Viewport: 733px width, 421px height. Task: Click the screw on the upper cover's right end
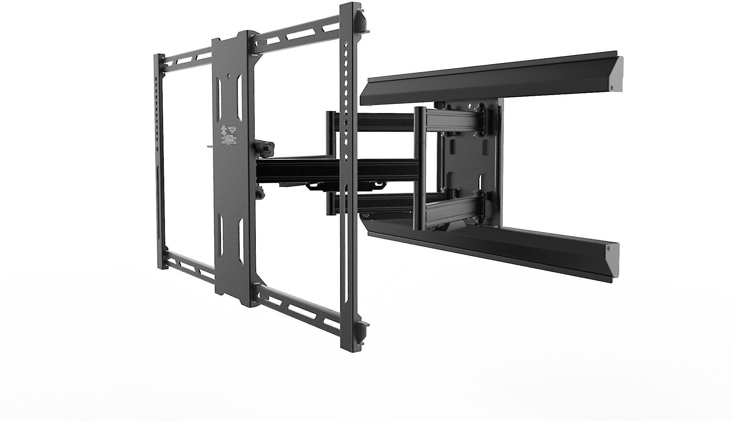point(611,88)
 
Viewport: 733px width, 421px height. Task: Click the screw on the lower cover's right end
point(608,248)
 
